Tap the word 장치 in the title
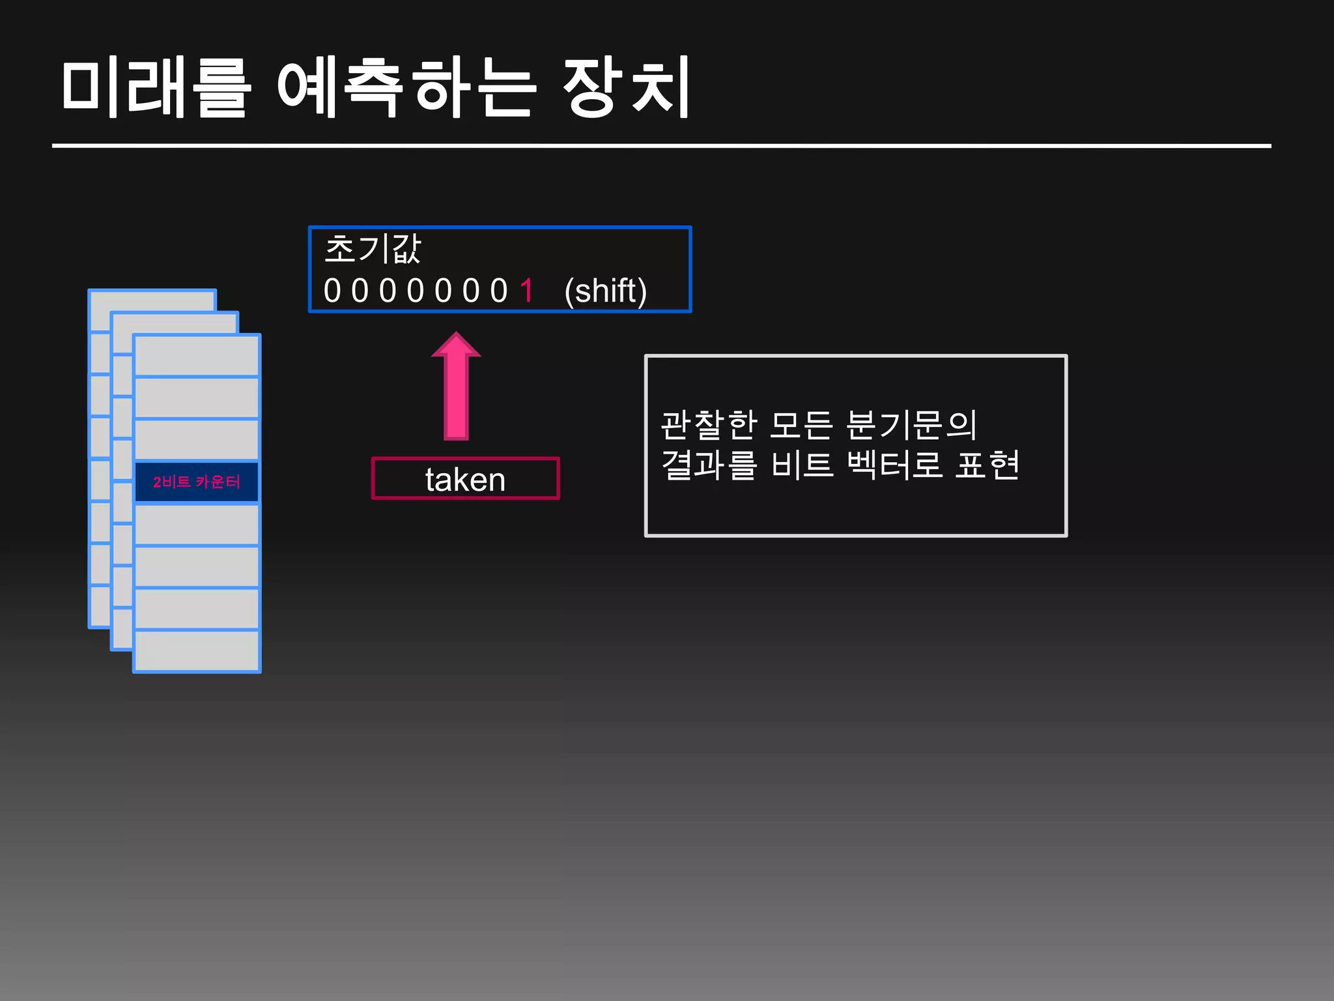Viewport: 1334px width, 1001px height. (625, 87)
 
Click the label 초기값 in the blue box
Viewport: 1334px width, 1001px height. (373, 249)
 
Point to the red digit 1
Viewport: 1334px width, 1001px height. (526, 291)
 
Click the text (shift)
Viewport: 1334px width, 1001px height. (605, 291)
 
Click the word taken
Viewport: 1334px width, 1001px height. (465, 480)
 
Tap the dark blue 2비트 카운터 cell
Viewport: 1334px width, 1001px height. (196, 482)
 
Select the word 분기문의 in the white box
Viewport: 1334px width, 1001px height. (911, 425)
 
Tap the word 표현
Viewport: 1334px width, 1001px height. (987, 465)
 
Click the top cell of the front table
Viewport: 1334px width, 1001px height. (196, 356)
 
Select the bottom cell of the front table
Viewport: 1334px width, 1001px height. (196, 650)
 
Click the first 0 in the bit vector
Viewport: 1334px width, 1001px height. (332, 291)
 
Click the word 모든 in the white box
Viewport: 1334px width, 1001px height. (801, 425)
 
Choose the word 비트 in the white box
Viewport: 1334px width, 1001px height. (802, 465)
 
